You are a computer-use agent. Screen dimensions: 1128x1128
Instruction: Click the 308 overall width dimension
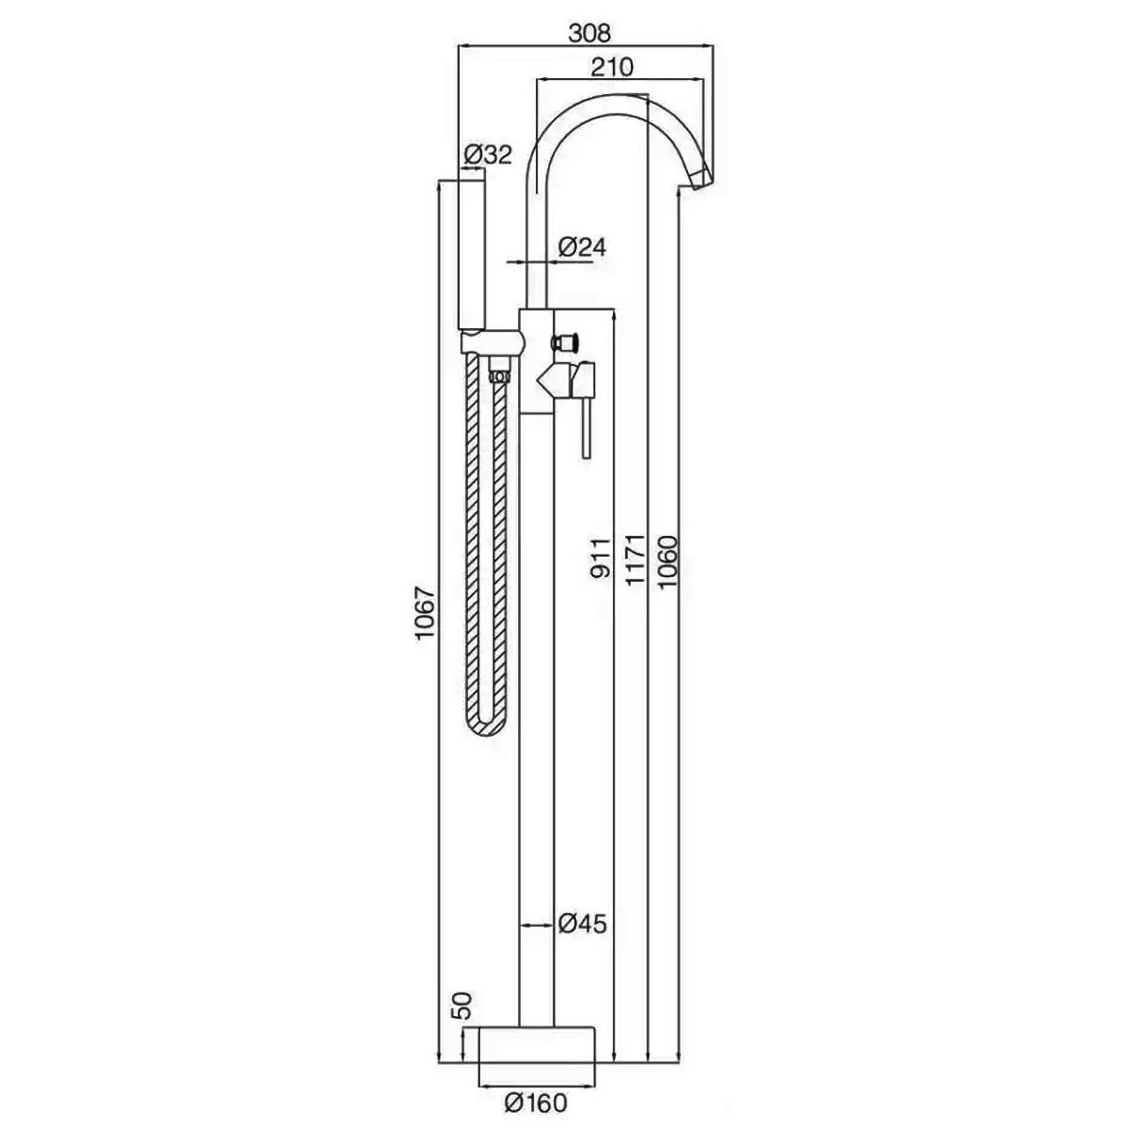coord(589,33)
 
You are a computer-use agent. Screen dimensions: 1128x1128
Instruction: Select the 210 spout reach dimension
coord(612,68)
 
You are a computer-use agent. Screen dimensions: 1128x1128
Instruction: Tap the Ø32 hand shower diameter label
coord(488,154)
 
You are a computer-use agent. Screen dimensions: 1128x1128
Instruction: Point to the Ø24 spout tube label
coord(582,247)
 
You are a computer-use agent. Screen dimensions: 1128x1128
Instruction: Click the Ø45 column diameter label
coord(583,924)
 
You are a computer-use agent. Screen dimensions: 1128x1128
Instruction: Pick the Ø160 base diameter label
coord(536,1103)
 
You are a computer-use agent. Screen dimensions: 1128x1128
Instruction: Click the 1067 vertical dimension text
coord(426,615)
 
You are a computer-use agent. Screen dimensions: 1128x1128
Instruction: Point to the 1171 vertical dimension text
coord(634,559)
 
